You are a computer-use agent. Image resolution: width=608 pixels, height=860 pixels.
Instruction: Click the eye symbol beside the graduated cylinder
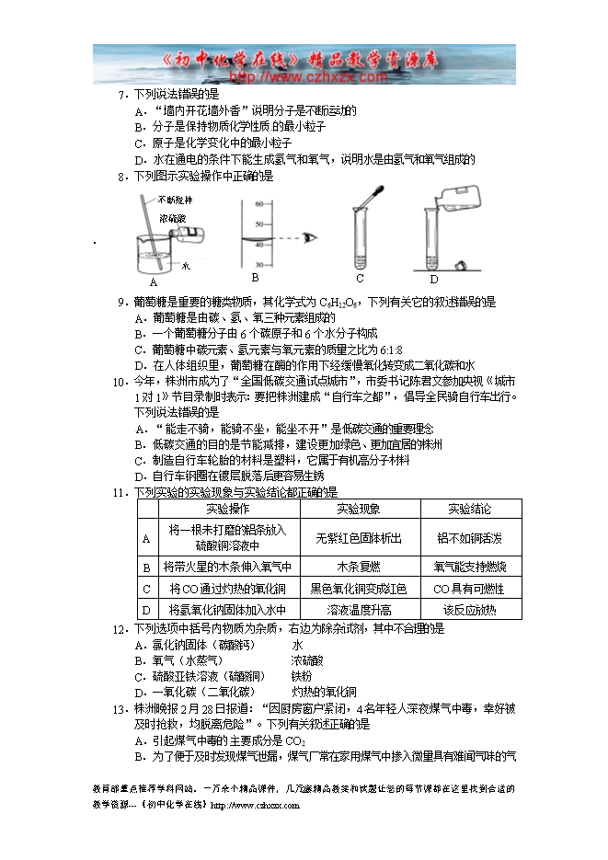[314, 237]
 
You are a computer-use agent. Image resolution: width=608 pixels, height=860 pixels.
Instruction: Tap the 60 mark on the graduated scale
[258, 204]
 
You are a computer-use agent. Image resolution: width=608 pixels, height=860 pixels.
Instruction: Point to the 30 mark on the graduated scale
[258, 265]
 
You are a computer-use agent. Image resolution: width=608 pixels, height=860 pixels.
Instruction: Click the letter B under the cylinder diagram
[255, 278]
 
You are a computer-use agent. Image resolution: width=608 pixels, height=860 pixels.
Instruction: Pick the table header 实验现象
[359, 509]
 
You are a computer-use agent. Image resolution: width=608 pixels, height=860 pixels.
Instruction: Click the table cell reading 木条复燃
[359, 567]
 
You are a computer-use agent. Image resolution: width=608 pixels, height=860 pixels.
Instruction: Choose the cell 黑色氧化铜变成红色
[359, 589]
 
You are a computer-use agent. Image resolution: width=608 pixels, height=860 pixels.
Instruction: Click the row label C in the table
[146, 589]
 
